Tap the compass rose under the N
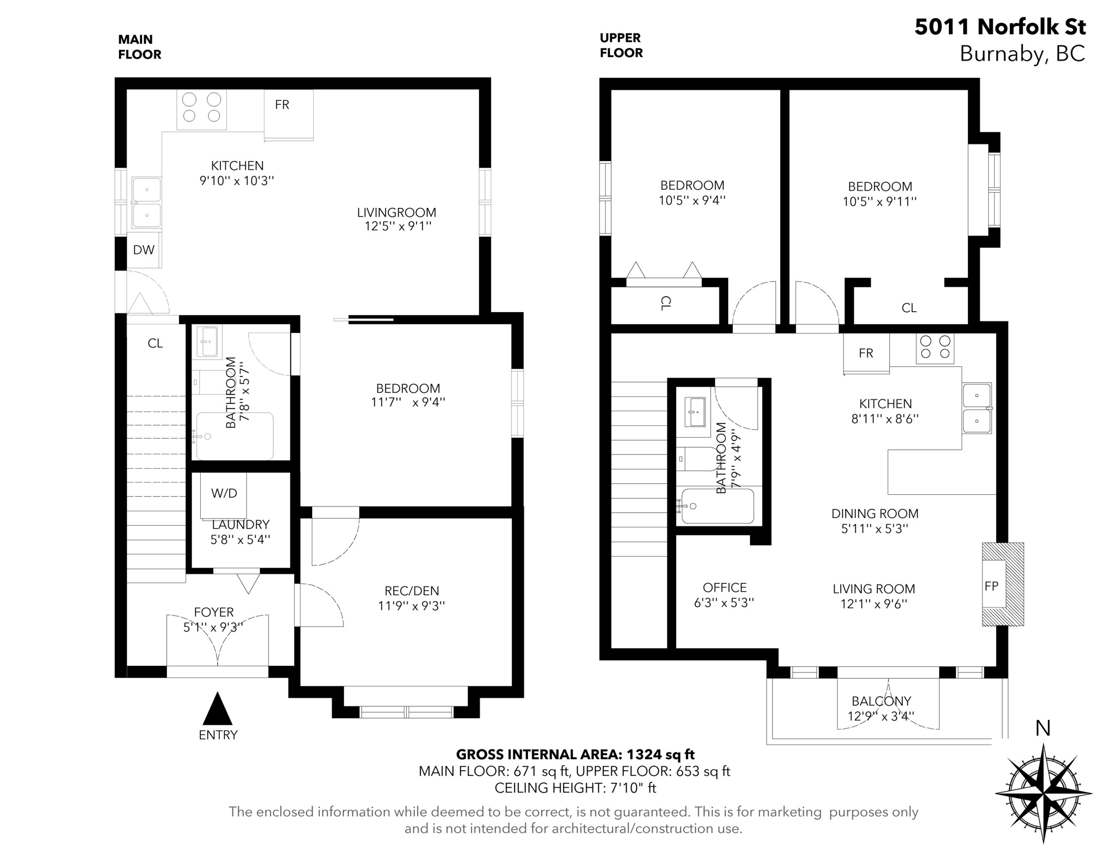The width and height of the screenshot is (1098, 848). [1044, 794]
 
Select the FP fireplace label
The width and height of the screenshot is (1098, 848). [992, 586]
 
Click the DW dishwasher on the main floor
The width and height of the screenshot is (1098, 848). [144, 250]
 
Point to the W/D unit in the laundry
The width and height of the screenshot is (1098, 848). [224, 495]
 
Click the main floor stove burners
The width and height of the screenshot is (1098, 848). [202, 108]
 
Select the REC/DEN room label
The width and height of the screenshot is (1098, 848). [412, 591]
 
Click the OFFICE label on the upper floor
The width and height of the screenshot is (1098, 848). [724, 588]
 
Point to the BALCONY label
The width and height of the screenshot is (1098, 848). [881, 701]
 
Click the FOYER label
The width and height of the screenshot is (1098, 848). [214, 612]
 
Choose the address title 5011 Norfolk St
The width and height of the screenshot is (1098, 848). [1000, 27]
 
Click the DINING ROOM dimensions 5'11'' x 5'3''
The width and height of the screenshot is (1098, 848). [875, 529]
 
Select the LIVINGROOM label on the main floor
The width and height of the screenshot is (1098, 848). [397, 213]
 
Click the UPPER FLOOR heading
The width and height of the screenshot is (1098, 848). [621, 45]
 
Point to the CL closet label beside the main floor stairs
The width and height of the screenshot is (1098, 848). [155, 343]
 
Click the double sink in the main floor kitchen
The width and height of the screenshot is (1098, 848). [146, 203]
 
